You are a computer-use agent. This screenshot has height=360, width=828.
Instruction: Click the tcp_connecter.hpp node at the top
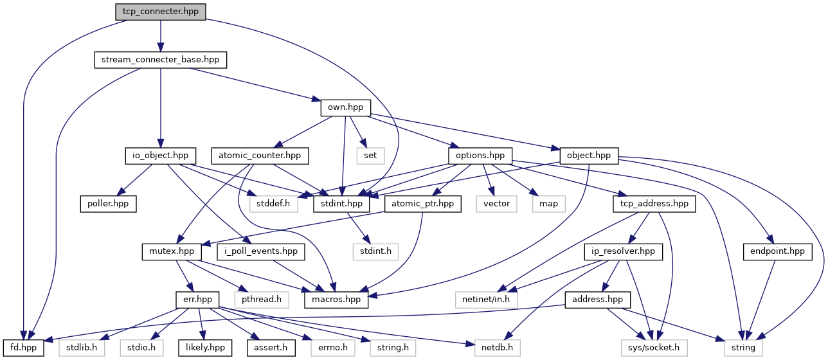tap(161, 12)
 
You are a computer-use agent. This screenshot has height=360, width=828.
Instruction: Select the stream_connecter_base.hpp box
tap(161, 60)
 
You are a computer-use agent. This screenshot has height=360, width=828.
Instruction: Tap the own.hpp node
tap(346, 107)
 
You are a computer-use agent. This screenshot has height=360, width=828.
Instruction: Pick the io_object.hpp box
tap(161, 156)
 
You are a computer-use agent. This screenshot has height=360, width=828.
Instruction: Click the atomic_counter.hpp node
tap(260, 156)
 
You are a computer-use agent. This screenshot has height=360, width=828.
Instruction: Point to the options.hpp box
tap(480, 156)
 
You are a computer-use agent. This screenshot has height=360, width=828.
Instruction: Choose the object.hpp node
tap(589, 156)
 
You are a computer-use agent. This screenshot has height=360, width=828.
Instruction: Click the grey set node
tap(370, 156)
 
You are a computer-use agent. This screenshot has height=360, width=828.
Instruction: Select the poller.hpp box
tap(108, 204)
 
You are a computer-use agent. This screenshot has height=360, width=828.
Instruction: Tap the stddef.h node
tap(274, 204)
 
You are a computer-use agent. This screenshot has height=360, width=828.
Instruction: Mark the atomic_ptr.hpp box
tap(422, 204)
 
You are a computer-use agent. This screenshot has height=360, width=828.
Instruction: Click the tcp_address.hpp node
tap(654, 204)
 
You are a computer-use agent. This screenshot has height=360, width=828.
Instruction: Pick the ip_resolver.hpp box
tap(623, 252)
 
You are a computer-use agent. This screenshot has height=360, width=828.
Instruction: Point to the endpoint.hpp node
tap(778, 252)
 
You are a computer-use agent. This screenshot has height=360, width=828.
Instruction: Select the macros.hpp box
tap(336, 300)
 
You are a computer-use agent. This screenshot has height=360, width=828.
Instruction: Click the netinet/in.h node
tap(486, 300)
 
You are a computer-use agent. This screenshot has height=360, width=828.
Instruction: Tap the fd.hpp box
tap(24, 348)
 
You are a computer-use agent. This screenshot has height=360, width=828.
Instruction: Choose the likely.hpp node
tap(205, 348)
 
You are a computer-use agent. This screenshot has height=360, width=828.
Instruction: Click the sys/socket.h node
tap(654, 348)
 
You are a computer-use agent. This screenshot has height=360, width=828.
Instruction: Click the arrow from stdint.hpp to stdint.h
tap(358, 228)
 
